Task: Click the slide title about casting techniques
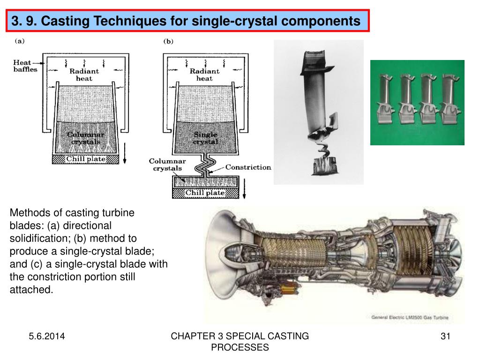tap(186, 21)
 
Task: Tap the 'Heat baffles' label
tap(25, 66)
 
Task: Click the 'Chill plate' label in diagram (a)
tap(86, 159)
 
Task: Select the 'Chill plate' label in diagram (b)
tap(205, 193)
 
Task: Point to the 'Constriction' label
tap(248, 167)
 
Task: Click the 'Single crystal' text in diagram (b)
tap(205, 138)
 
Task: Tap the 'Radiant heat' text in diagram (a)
tap(84, 75)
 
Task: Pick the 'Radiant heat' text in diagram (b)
tap(204, 75)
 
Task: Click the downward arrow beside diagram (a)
tap(125, 153)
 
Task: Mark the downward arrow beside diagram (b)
tap(244, 189)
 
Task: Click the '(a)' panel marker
tap(20, 41)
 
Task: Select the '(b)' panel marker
tap(168, 41)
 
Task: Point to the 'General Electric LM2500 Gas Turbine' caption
tap(410, 317)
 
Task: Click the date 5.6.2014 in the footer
tap(47, 336)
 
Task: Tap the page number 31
tap(445, 336)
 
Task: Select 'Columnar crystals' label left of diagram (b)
tap(167, 165)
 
